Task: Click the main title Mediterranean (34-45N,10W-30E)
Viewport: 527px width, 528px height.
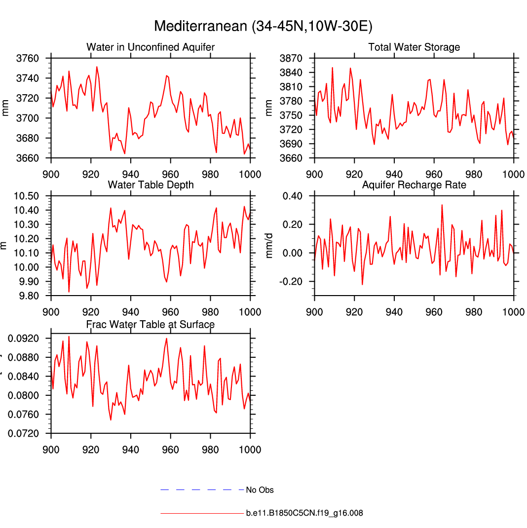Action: [x=263, y=26]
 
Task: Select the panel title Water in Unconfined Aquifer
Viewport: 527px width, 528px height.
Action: [x=151, y=47]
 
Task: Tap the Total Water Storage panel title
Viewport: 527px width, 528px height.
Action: [x=414, y=47]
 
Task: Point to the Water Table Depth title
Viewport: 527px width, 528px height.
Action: [x=151, y=185]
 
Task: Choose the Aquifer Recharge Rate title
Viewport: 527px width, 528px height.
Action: [x=414, y=185]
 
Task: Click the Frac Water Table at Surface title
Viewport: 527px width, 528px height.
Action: [x=151, y=324]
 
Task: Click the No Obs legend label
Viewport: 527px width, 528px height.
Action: [x=260, y=490]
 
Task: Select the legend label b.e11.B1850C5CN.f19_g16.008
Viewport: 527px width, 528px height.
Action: [x=304, y=513]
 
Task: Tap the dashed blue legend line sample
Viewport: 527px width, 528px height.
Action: [x=202, y=490]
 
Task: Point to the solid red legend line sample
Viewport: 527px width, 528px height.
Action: [x=202, y=513]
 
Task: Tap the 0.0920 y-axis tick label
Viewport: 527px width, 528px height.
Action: [x=25, y=339]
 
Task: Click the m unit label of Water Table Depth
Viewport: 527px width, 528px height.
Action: [x=5, y=246]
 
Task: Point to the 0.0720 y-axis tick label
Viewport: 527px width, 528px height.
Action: [x=25, y=433]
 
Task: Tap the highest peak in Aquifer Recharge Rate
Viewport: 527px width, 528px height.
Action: [x=442, y=205]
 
